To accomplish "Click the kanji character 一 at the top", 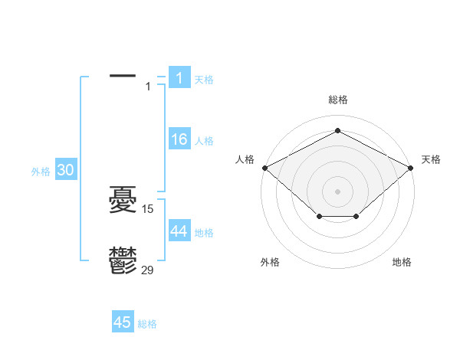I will (x=123, y=77).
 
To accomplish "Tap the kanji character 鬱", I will (x=123, y=260).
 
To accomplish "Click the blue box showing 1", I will (x=179, y=77).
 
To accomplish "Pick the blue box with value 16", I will (x=179, y=139).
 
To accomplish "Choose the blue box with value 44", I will (x=179, y=231).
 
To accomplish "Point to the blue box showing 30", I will (x=65, y=171).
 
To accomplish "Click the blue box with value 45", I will (x=123, y=322).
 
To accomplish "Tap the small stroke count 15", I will (x=149, y=208).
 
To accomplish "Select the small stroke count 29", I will (x=148, y=269).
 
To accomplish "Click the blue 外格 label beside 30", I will (x=41, y=172).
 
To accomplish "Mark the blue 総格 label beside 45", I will (x=147, y=324).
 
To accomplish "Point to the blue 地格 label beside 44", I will (x=204, y=232).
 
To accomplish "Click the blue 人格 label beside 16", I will (x=204, y=141).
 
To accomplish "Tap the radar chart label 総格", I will (x=337, y=100).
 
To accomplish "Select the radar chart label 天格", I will (x=431, y=159).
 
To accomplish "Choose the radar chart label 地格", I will (x=402, y=262).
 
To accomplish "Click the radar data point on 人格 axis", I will (x=264, y=168).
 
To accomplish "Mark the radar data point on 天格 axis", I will (x=411, y=168).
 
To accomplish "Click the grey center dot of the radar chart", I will (x=337, y=191).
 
